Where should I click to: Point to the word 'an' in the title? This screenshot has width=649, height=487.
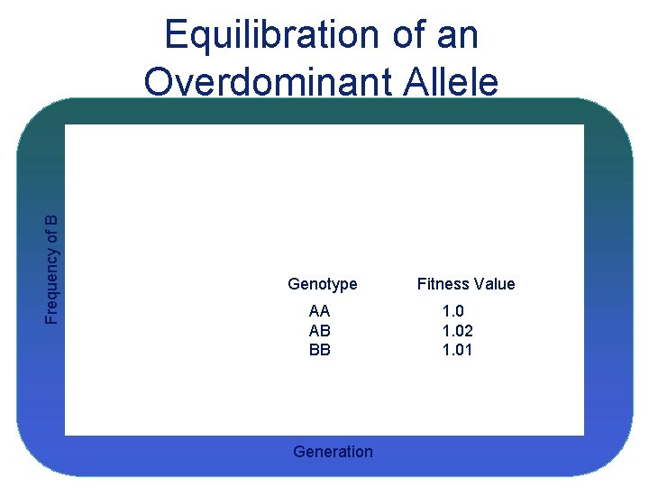(x=457, y=36)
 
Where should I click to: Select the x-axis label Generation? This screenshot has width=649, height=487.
(x=333, y=452)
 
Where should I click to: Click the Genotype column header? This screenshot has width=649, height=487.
(x=322, y=284)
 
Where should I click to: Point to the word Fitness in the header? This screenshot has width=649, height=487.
(x=441, y=284)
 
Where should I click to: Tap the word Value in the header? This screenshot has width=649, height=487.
(x=493, y=284)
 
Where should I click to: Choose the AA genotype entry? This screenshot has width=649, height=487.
(x=319, y=311)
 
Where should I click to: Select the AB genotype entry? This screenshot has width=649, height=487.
(x=319, y=331)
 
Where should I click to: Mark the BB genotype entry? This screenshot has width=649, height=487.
(x=319, y=350)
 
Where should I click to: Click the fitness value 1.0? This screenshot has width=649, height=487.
(x=453, y=311)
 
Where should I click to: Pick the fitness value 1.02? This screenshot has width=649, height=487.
(x=457, y=331)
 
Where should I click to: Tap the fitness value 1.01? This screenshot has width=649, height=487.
(x=457, y=350)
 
